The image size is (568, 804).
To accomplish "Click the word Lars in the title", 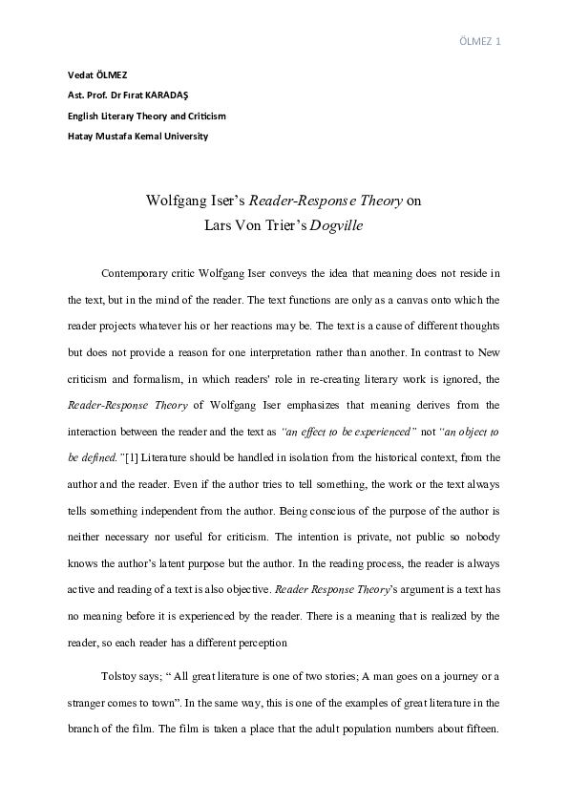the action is (x=220, y=226).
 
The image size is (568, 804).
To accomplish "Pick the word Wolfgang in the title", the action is (x=178, y=201).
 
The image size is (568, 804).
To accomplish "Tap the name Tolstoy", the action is (x=118, y=677).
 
